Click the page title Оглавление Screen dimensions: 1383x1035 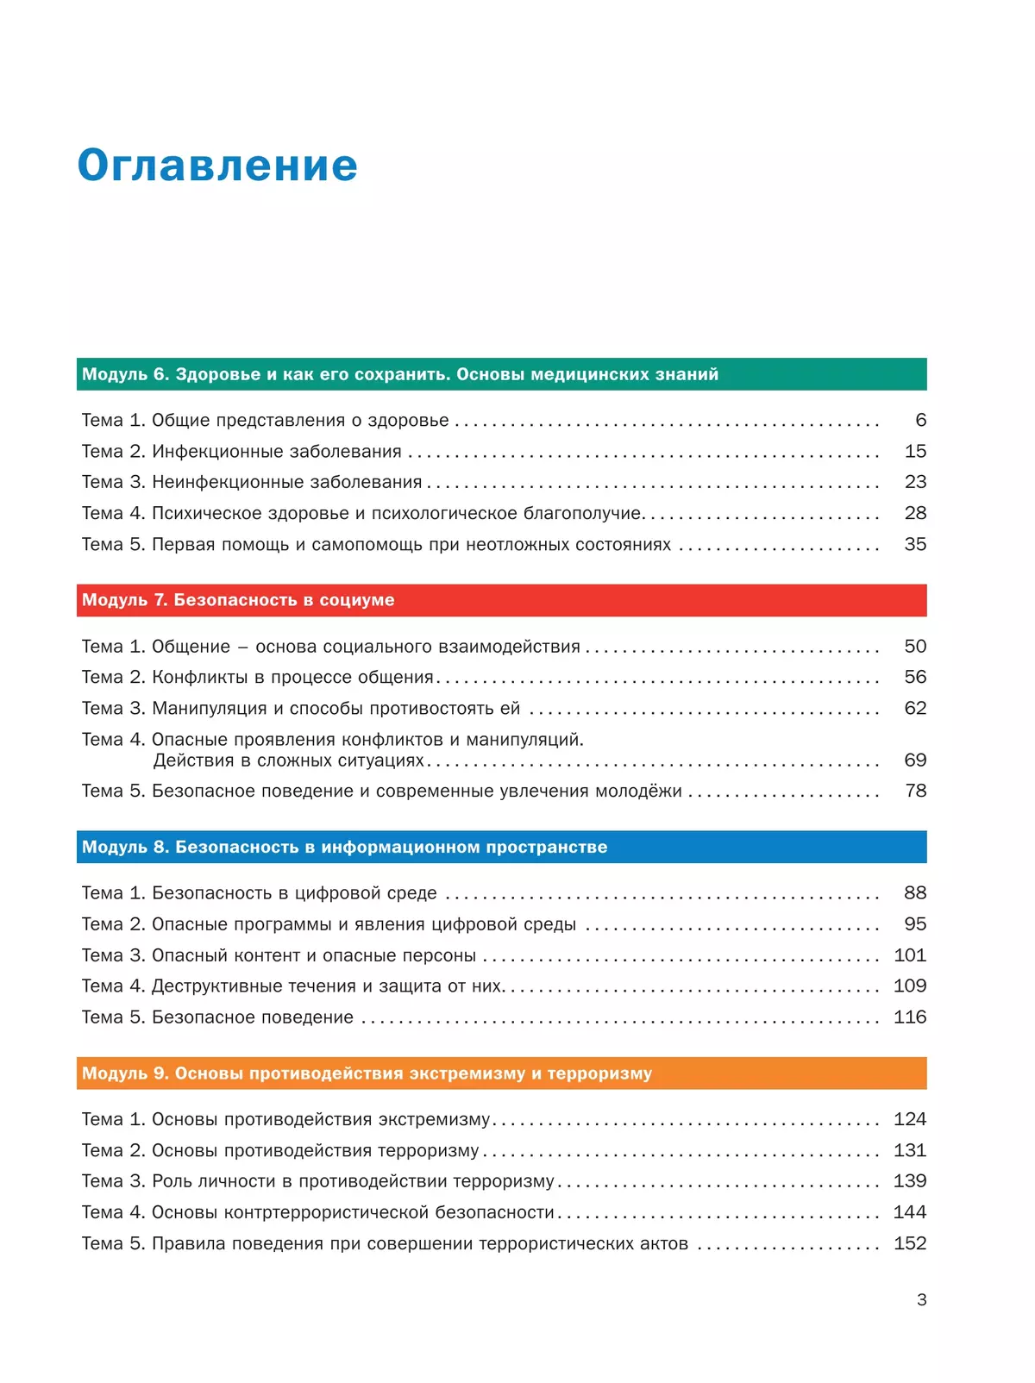point(217,165)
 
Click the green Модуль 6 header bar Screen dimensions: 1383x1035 point(501,374)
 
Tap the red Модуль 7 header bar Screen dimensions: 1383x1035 point(501,600)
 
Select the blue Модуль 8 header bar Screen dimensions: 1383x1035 point(501,847)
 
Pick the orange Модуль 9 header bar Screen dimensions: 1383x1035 point(501,1073)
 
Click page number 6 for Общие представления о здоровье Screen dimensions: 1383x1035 point(920,420)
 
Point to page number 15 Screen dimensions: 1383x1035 point(915,451)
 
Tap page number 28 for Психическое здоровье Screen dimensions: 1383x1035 point(915,513)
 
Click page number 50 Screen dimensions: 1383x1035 point(915,646)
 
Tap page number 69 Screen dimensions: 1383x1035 point(915,760)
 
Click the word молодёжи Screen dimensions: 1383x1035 point(638,791)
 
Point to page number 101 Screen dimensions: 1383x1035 point(910,955)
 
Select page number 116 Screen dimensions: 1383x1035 point(910,1017)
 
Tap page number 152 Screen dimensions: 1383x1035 point(910,1243)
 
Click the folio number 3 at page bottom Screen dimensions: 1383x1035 point(922,1299)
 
